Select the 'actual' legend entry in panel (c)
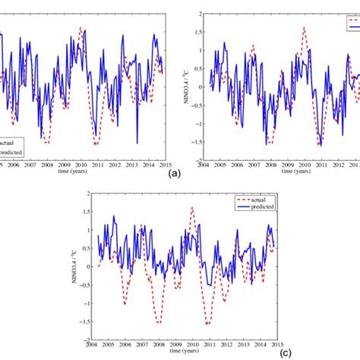[262, 198]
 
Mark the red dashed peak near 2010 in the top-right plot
[304, 29]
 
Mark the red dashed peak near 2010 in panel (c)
[191, 207]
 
